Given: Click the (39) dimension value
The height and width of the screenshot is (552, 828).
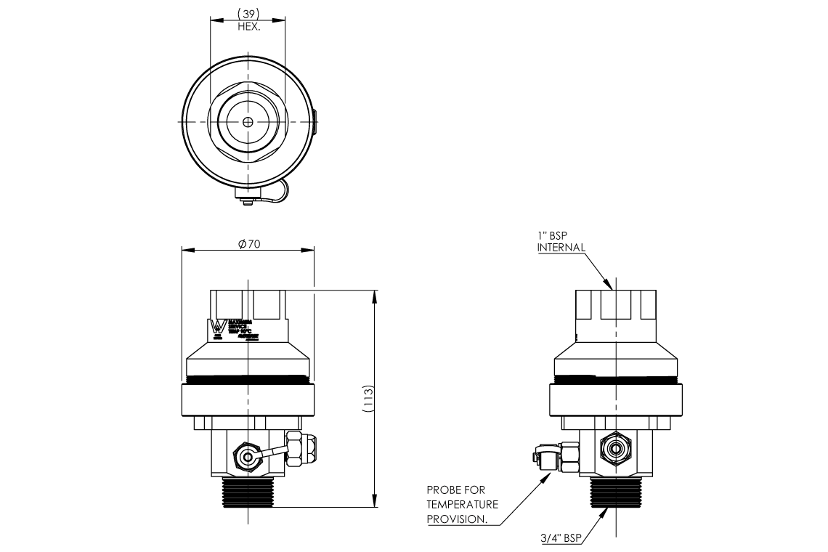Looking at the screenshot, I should click(248, 15).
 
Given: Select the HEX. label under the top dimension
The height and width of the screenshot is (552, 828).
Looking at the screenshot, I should click(248, 26).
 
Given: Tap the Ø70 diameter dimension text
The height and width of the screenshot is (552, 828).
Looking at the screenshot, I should click(248, 244).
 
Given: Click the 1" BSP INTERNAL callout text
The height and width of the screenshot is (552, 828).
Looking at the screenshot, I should click(561, 242).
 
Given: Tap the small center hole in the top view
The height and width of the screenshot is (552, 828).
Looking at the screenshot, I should click(248, 122).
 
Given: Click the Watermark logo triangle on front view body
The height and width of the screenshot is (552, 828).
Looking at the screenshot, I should click(216, 328).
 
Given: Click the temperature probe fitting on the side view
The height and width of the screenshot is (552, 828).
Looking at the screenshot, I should click(551, 458).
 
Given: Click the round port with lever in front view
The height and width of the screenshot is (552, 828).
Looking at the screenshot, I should click(247, 458).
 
